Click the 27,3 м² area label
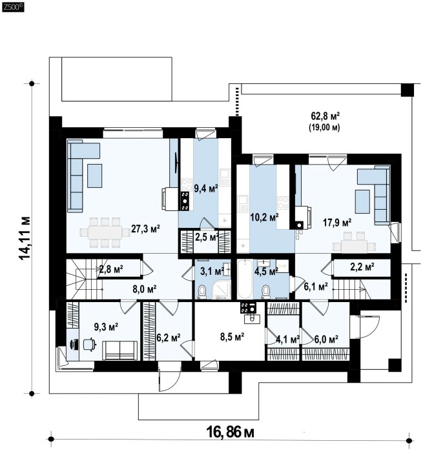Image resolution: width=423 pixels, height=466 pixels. click(145, 229)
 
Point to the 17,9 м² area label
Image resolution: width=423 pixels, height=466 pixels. click(337, 222)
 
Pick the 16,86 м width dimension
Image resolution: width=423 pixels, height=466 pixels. click(231, 432)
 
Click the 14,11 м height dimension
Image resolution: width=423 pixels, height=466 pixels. click(25, 238)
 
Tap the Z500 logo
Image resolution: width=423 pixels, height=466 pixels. click(13, 8)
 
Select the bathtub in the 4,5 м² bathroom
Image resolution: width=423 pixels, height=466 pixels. click(245, 279)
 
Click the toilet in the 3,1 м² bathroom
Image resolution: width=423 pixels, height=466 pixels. click(202, 291)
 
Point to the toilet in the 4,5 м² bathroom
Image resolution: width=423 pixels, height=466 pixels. click(265, 291)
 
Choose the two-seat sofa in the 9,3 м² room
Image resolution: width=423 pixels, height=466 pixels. click(120, 350)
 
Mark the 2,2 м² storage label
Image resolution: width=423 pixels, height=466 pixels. click(362, 267)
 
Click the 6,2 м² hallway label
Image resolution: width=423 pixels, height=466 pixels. click(169, 338)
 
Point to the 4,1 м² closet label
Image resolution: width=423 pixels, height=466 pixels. click(287, 339)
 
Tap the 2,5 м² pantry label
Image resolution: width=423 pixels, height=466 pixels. click(207, 237)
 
